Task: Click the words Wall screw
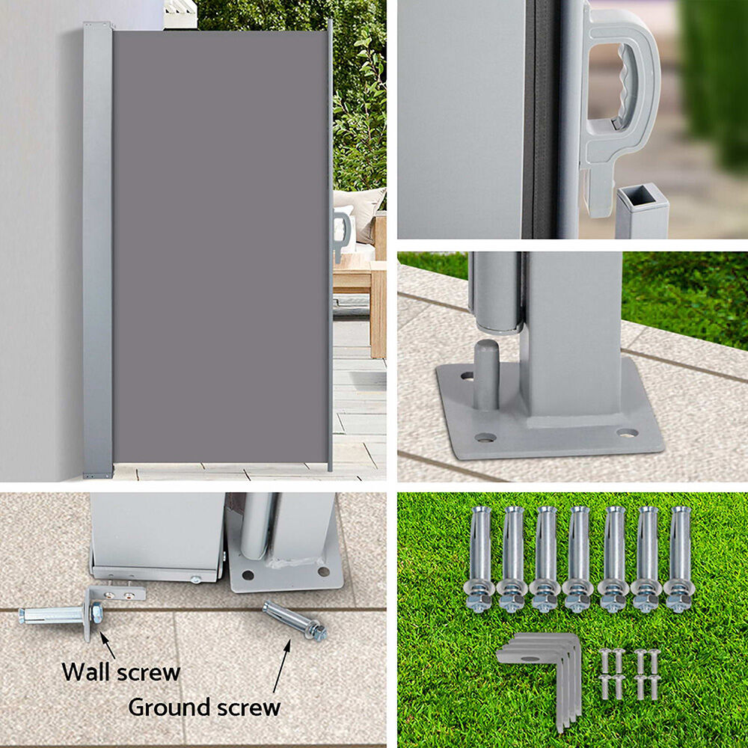tap(120, 672)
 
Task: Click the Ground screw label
tap(204, 707)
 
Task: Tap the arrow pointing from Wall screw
tap(107, 645)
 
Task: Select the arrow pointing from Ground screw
tap(282, 666)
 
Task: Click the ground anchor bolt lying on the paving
tap(295, 620)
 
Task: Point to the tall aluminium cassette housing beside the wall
tap(98, 250)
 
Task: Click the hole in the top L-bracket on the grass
tap(529, 658)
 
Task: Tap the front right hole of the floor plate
tap(627, 433)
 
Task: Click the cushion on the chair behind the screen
tap(361, 213)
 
